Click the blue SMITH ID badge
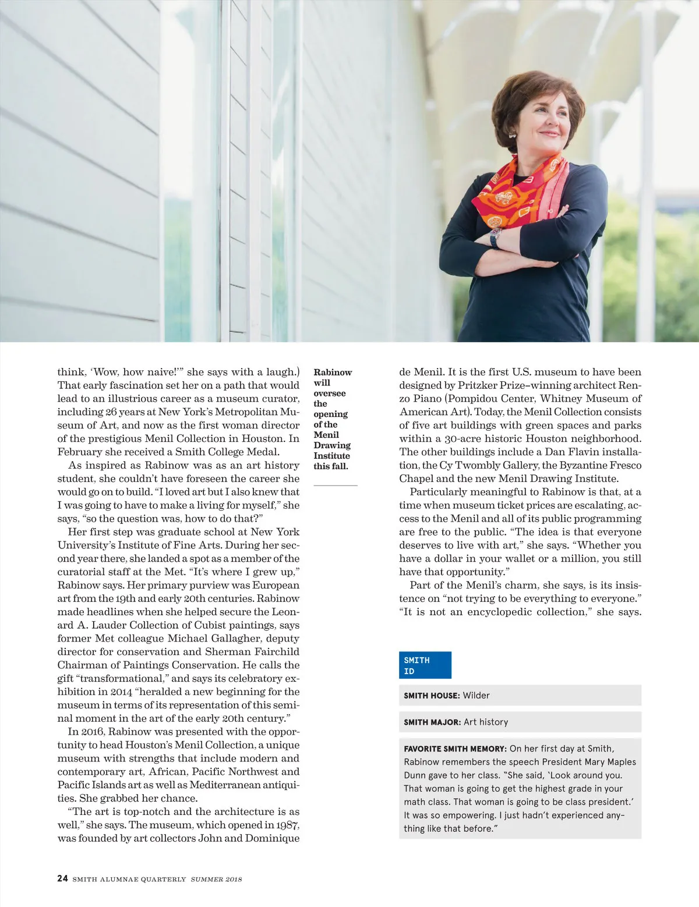coord(425,665)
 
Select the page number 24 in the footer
coord(62,878)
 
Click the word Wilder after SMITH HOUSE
coord(476,695)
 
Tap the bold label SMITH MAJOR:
coord(432,722)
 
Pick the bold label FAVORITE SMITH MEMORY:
coord(455,749)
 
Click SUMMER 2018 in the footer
coord(216,879)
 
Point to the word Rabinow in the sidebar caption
coord(333,373)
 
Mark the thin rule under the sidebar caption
coord(335,485)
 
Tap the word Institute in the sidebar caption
coord(331,456)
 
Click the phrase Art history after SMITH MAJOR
coord(486,722)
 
